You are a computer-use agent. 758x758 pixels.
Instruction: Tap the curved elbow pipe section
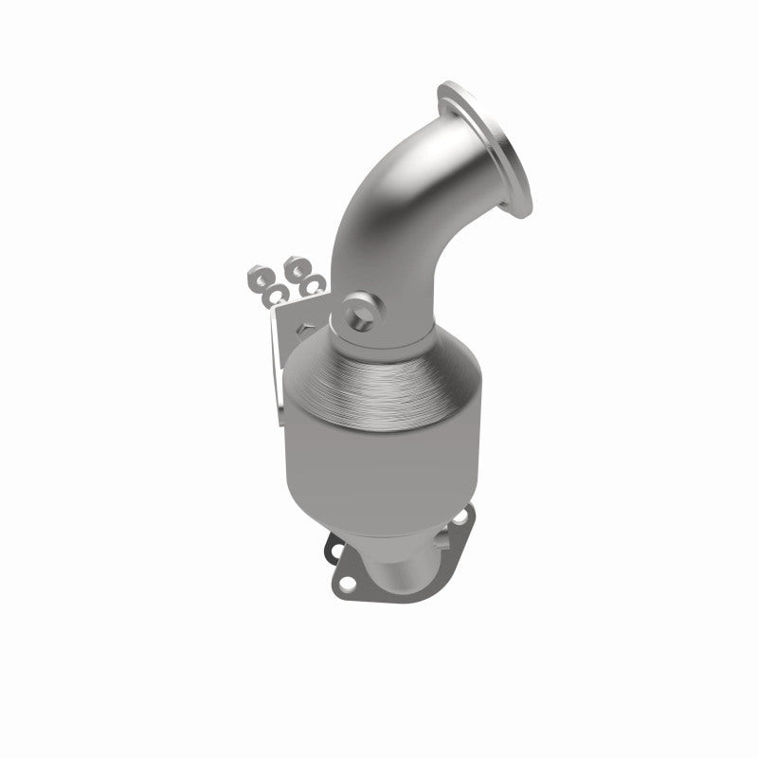pos(398,218)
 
